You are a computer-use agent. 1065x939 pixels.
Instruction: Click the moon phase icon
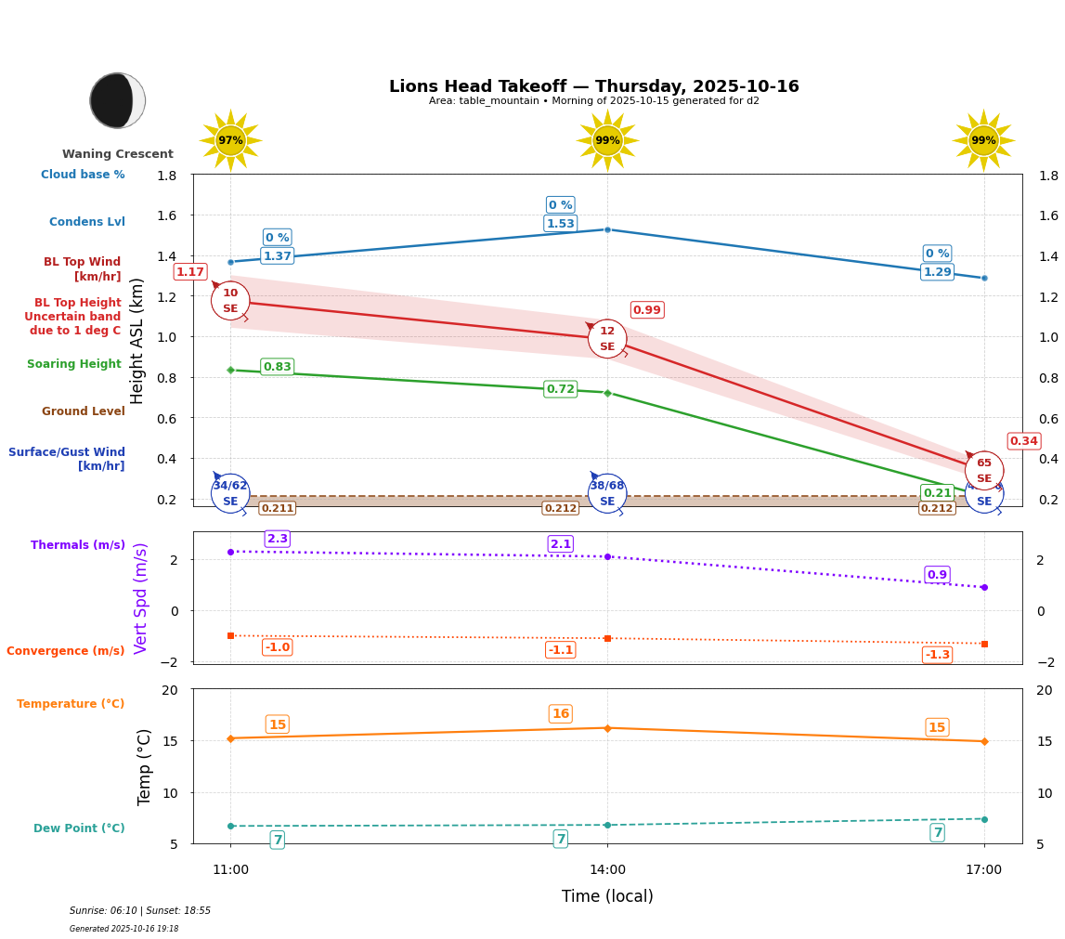pyautogui.click(x=118, y=100)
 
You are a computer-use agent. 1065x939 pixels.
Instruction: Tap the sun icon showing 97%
pyautogui.click(x=230, y=140)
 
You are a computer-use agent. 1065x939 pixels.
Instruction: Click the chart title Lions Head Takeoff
pyautogui.click(x=593, y=86)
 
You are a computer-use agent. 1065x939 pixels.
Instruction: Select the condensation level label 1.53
pyautogui.click(x=561, y=224)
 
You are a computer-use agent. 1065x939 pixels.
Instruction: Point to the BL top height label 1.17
pyautogui.click(x=190, y=272)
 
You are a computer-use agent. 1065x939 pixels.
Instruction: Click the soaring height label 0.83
pyautogui.click(x=277, y=367)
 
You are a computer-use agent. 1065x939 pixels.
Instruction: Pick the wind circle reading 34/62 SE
pyautogui.click(x=230, y=493)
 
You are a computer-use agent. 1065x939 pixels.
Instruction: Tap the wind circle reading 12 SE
pyautogui.click(x=607, y=339)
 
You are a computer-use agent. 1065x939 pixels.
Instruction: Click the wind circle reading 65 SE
pyautogui.click(x=984, y=471)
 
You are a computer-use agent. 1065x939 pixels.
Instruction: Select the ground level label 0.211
pyautogui.click(x=277, y=508)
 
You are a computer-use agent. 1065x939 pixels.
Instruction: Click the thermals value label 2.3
pyautogui.click(x=277, y=539)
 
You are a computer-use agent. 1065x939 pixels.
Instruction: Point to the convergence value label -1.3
pyautogui.click(x=938, y=655)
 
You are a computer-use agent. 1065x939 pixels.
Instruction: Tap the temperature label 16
pyautogui.click(x=561, y=714)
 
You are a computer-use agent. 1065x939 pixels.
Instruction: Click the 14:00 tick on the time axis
pyautogui.click(x=607, y=869)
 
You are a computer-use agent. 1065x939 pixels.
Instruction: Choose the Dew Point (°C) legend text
pyautogui.click(x=79, y=828)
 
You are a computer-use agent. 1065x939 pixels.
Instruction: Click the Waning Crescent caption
pyautogui.click(x=118, y=154)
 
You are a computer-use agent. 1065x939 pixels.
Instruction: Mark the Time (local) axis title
pyautogui.click(x=607, y=896)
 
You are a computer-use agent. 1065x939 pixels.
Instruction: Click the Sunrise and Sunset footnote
pyautogui.click(x=140, y=911)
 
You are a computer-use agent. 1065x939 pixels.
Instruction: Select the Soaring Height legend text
pyautogui.click(x=74, y=364)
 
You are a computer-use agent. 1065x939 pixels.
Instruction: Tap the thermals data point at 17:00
pyautogui.click(x=984, y=587)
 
